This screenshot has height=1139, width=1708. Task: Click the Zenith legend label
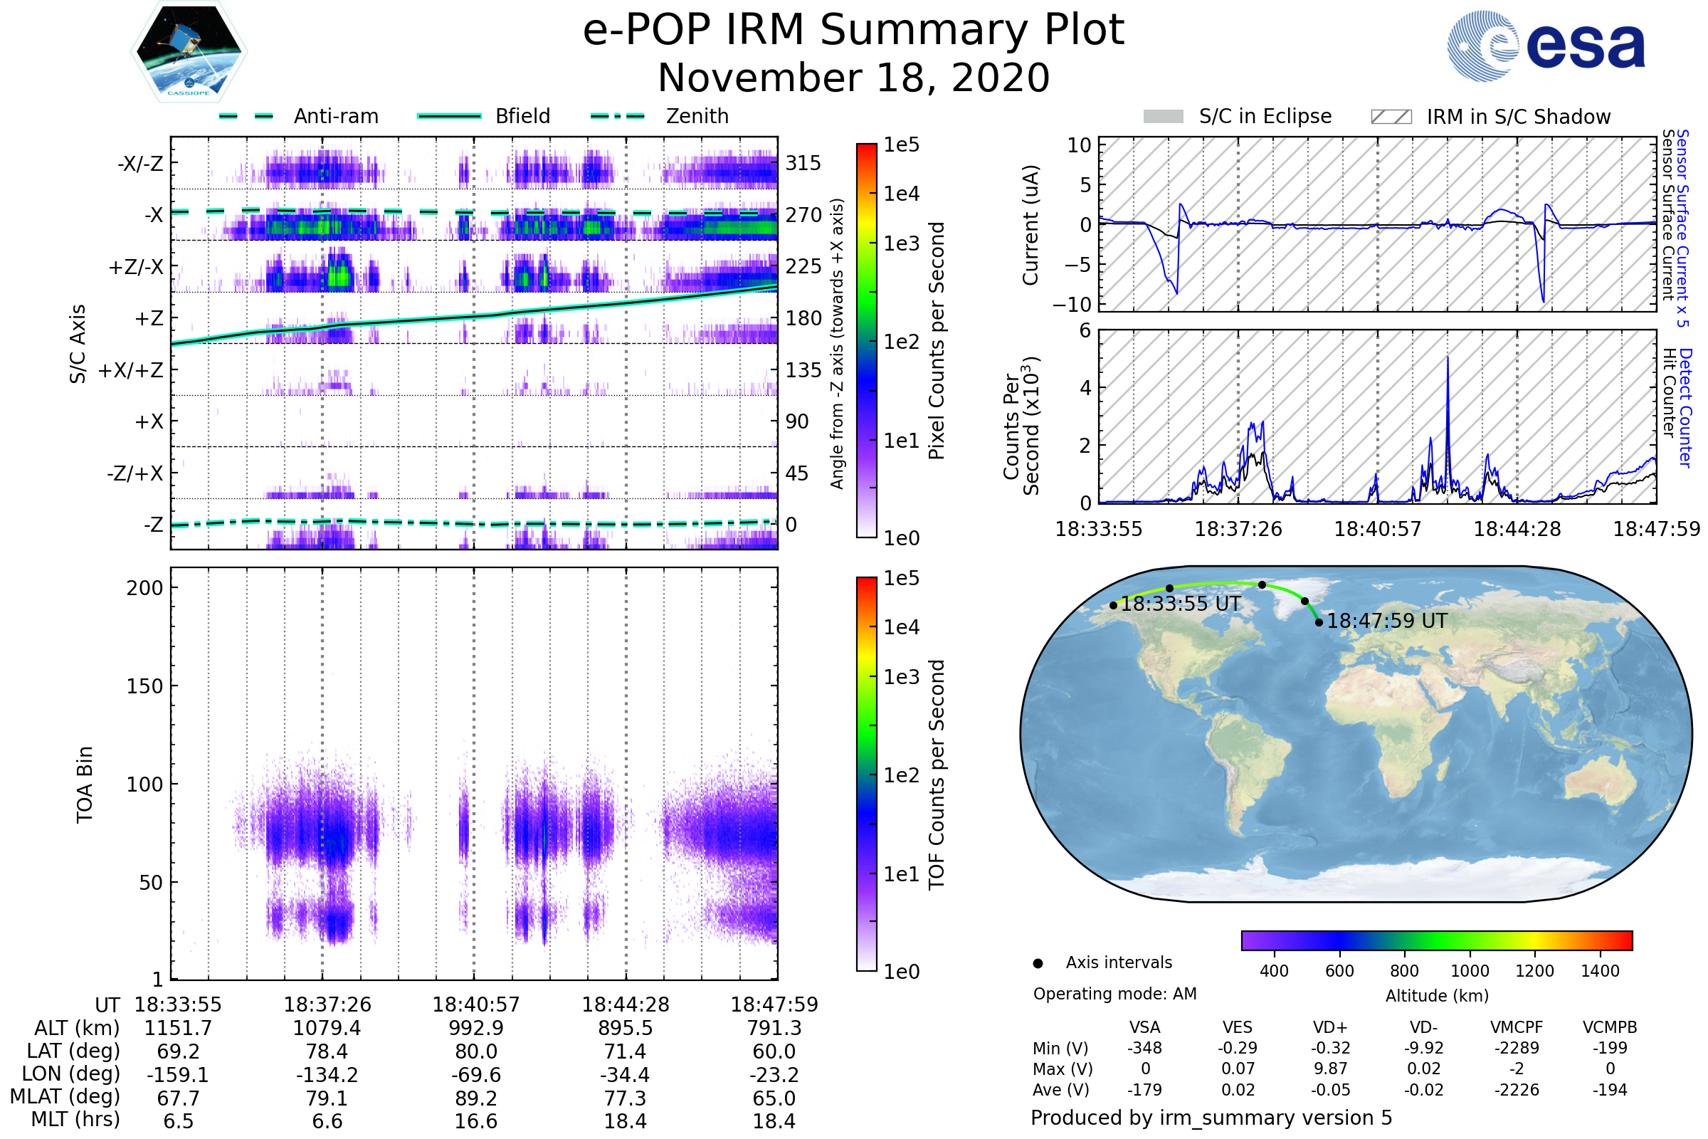point(697,116)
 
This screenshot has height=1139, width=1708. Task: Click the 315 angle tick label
point(803,164)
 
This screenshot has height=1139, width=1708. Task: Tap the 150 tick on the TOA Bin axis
point(144,686)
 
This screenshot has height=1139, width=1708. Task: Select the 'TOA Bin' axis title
point(84,784)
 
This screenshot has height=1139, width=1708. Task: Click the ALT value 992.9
point(475,1029)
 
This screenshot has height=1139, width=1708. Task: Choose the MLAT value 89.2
point(475,1098)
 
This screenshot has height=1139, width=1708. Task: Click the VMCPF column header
point(1517,1028)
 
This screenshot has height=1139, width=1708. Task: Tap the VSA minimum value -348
point(1144,1048)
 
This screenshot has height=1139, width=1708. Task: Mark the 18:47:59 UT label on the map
point(1386,621)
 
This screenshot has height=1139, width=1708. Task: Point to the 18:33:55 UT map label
point(1181,604)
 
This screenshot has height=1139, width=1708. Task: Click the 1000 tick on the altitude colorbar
point(1469,971)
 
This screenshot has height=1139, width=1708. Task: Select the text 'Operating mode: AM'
point(1114,994)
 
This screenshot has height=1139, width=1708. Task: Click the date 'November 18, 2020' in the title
point(853,78)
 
